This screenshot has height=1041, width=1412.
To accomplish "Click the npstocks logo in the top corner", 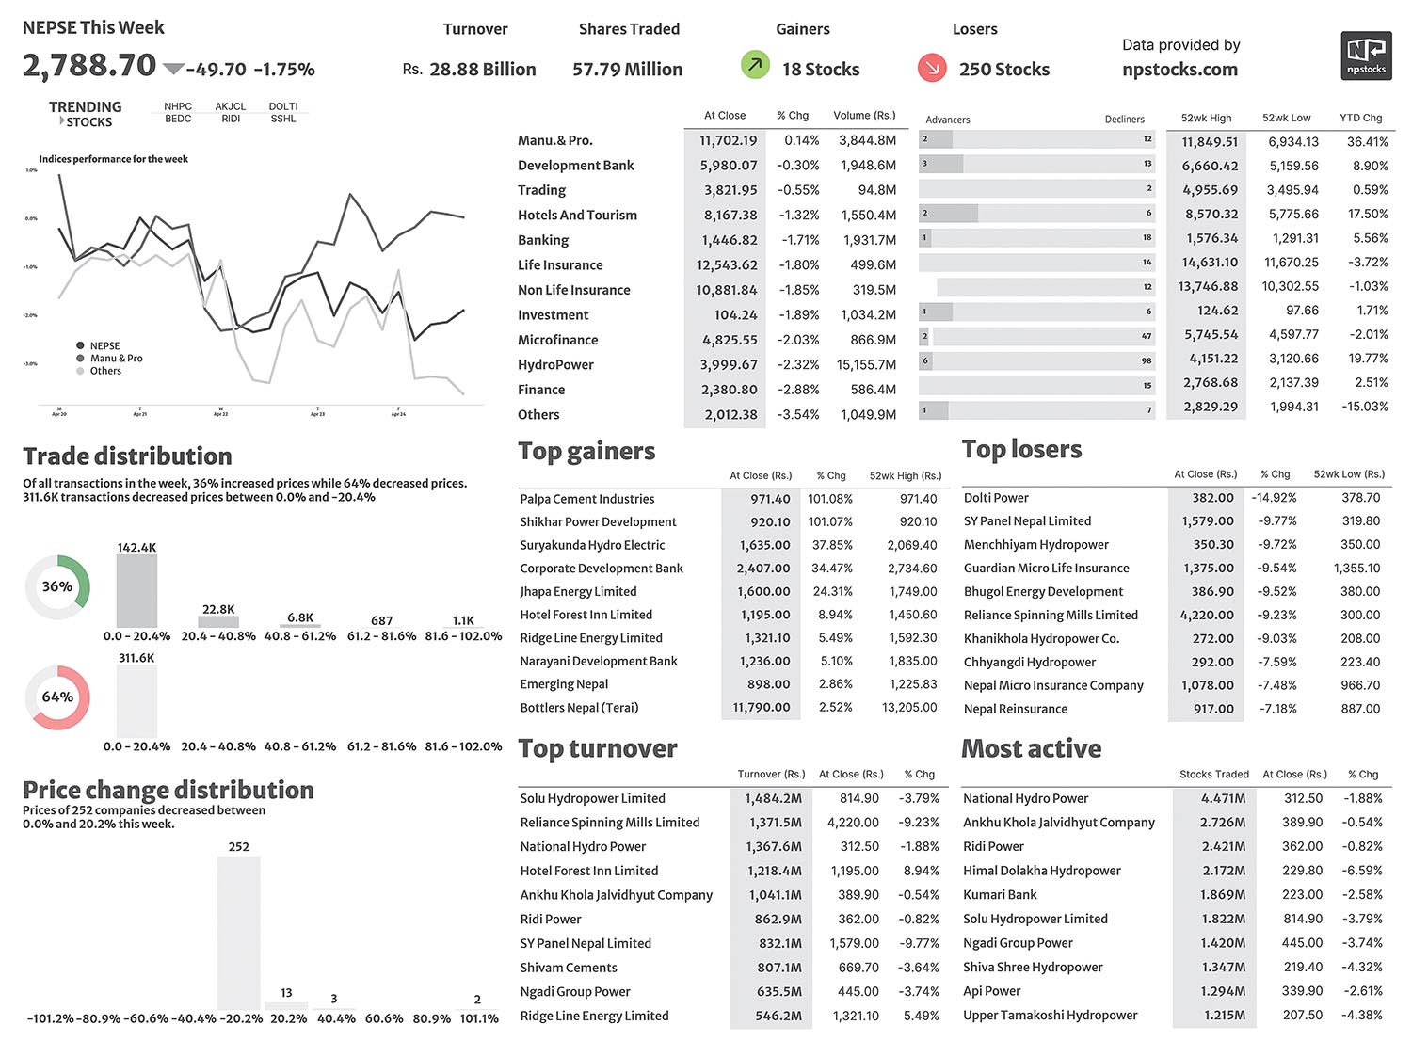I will [1365, 56].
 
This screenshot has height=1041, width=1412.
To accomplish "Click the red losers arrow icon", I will [932, 67].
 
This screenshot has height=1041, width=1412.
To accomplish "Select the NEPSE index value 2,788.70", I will [89, 65].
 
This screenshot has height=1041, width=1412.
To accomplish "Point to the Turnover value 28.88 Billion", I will [482, 69].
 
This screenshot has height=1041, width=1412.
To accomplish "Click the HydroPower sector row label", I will [555, 364].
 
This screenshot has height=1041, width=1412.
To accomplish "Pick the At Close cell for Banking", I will [730, 240].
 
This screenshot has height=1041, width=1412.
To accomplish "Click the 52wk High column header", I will [1206, 118].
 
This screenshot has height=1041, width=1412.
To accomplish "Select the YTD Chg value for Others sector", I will [1364, 407].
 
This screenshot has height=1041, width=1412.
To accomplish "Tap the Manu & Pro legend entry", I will [116, 359].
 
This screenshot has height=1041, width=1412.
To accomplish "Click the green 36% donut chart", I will [57, 586].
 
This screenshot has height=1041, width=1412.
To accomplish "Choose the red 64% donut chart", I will [57, 697].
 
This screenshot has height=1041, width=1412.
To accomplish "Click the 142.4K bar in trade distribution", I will [136, 591].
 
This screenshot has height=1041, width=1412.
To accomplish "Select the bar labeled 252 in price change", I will [239, 933].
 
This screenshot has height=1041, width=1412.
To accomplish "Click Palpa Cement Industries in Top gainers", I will [586, 499].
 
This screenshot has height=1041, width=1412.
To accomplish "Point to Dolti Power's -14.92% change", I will [1274, 497].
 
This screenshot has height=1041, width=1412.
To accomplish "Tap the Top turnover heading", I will [598, 748].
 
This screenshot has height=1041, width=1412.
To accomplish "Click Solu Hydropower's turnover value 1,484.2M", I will [774, 798].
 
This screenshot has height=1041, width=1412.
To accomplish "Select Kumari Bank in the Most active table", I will [1000, 894].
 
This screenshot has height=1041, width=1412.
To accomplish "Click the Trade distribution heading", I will [127, 456].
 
